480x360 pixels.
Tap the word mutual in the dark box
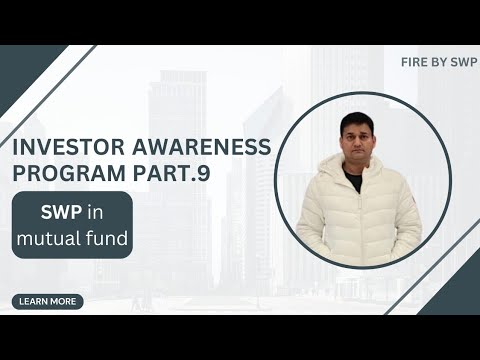click(x=50, y=240)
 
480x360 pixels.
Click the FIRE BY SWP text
click(x=438, y=61)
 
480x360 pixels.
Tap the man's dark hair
click(x=353, y=121)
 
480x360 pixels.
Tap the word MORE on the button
click(x=65, y=301)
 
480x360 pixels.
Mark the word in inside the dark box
click(x=95, y=213)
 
